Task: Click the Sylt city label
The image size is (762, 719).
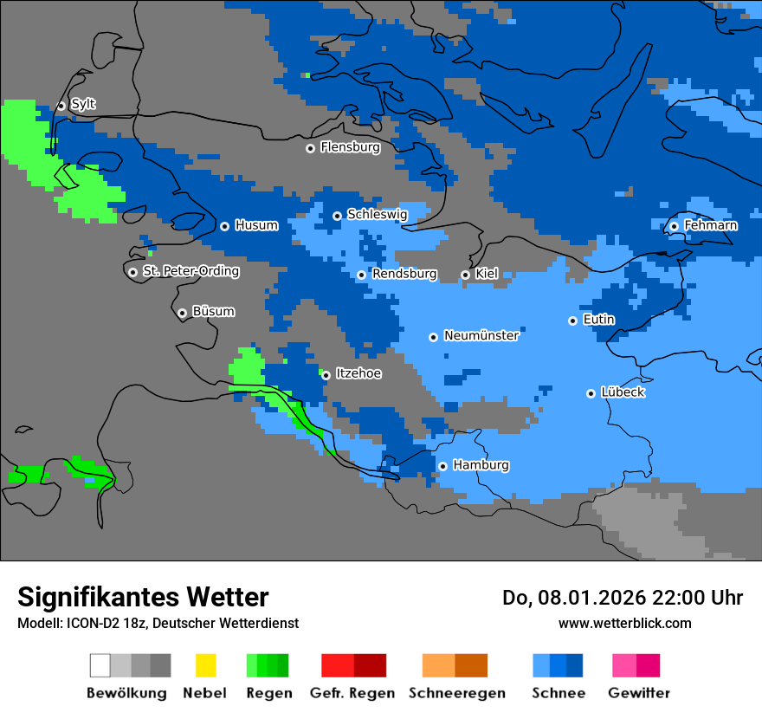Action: click(x=83, y=105)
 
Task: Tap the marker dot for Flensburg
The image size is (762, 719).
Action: click(x=310, y=148)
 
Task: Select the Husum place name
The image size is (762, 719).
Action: click(x=256, y=226)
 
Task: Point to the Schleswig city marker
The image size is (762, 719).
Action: click(x=337, y=216)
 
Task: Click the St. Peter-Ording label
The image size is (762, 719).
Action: click(x=190, y=271)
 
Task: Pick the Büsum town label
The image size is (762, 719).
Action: click(x=213, y=312)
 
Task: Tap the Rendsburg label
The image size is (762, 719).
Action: click(x=404, y=274)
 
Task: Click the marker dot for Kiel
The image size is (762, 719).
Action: click(x=465, y=275)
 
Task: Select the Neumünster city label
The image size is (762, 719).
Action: click(x=481, y=335)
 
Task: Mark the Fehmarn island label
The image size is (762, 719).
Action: click(x=710, y=225)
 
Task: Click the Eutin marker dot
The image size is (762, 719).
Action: click(x=572, y=321)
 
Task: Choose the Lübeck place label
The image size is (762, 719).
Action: click(x=623, y=392)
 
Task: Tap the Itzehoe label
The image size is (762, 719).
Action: click(x=358, y=374)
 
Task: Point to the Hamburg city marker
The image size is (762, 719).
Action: click(x=442, y=466)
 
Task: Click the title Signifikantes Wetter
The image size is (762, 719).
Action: click(x=143, y=597)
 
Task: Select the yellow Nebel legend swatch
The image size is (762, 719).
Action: click(x=205, y=665)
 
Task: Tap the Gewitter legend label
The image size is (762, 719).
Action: click(x=638, y=693)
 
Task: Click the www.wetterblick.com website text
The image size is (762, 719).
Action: click(x=624, y=623)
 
